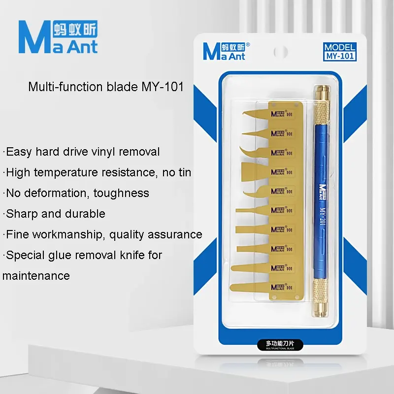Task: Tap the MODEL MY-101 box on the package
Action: click(339, 52)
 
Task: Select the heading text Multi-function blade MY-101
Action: click(106, 87)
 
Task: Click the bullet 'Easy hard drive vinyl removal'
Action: click(81, 152)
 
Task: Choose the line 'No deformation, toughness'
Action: click(76, 193)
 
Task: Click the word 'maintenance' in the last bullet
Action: click(36, 276)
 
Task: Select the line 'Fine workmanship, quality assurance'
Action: click(102, 234)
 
